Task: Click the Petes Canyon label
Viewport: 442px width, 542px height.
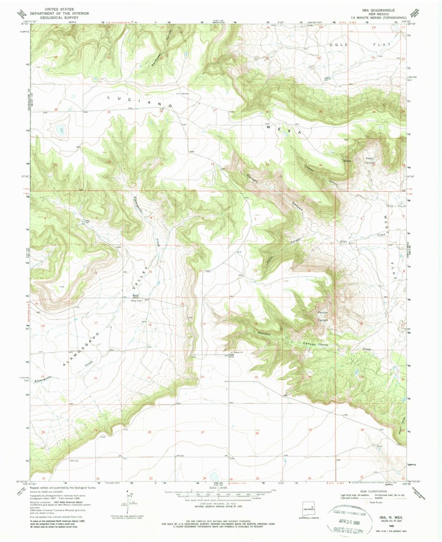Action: pyautogui.click(x=369, y=161)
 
